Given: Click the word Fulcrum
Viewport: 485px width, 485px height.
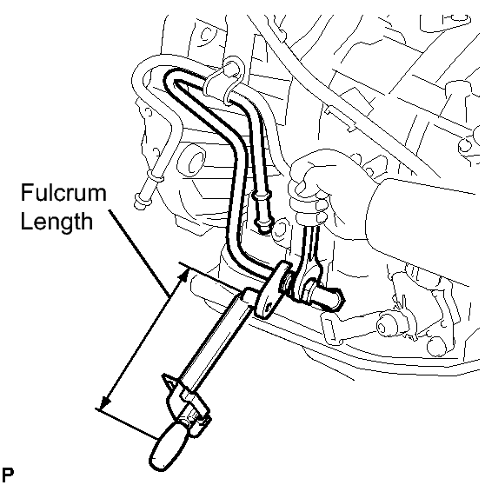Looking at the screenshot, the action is [x=63, y=192].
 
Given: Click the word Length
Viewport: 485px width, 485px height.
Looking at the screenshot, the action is [x=56, y=222].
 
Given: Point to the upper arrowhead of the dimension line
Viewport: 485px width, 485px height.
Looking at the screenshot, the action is [x=184, y=275].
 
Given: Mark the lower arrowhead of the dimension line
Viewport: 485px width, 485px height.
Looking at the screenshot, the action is [x=105, y=402].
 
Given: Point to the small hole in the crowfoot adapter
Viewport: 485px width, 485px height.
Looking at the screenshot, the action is [x=269, y=307].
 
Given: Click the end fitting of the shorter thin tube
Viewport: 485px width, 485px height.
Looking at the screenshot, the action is [x=262, y=214].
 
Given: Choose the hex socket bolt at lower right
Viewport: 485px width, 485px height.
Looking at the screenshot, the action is [x=387, y=325].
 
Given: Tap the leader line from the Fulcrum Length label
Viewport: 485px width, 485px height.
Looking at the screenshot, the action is [x=138, y=253].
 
